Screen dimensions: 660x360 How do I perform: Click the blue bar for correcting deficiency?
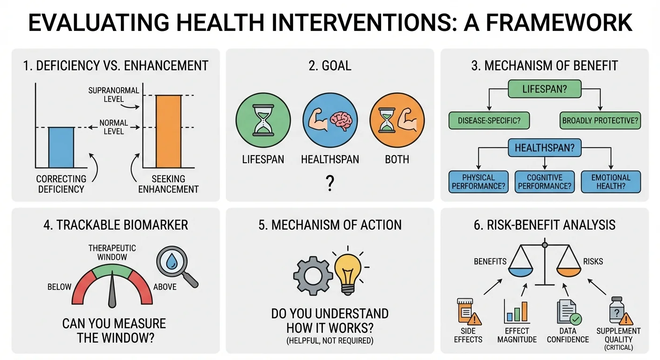tap(61, 148)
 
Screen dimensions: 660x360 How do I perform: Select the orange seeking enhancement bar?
tap(168, 131)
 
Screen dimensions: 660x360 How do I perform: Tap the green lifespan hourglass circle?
tap(263, 120)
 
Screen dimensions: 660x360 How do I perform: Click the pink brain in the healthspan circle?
tap(341, 121)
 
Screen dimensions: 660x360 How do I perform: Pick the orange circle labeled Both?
tap(397, 120)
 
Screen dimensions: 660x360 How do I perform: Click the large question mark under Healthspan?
tap(330, 183)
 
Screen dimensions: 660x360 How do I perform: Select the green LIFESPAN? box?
tap(545, 89)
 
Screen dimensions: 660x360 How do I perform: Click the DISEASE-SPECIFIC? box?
tap(489, 120)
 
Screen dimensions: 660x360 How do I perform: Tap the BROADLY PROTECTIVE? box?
tap(600, 120)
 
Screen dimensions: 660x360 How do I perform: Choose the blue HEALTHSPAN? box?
tap(545, 148)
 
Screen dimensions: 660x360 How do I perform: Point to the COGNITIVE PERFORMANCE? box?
tap(545, 182)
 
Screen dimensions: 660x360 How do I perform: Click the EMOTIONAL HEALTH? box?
tap(611, 182)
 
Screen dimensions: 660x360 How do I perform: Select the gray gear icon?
tap(313, 276)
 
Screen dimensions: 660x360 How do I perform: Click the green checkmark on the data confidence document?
tap(576, 319)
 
